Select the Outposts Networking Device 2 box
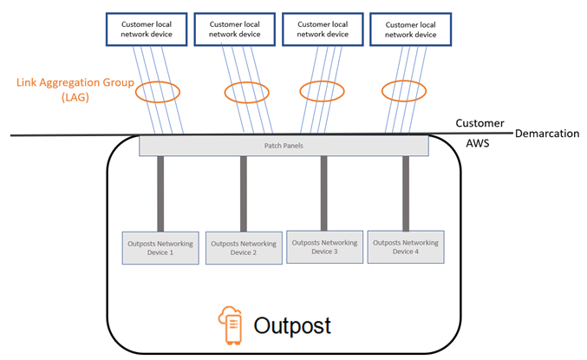[x=244, y=248]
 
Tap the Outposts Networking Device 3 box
[x=323, y=246]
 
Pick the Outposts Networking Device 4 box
[x=406, y=247]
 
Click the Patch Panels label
[x=284, y=146]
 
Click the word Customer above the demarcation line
[x=479, y=123]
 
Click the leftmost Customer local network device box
[x=144, y=29]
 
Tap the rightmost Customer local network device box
[x=410, y=29]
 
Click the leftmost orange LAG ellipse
[x=157, y=90]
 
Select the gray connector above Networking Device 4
[x=405, y=193]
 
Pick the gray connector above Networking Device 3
[x=323, y=193]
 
